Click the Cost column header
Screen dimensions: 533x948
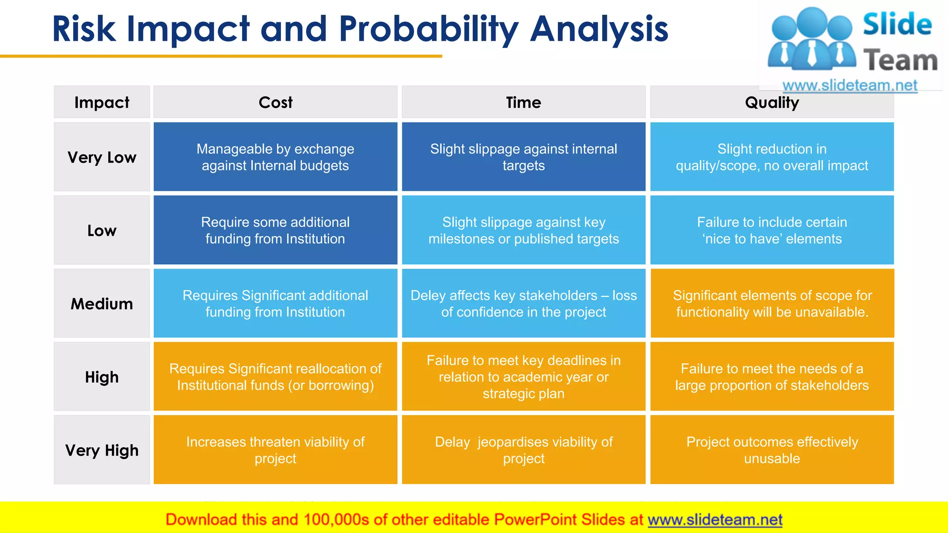pos(275,102)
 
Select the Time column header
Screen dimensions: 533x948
pos(524,102)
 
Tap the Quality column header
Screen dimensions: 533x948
pos(772,103)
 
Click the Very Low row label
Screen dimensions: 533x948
pos(102,157)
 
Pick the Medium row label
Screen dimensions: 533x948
pos(102,304)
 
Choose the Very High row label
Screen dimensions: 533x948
pos(102,450)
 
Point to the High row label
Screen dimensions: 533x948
pos(102,377)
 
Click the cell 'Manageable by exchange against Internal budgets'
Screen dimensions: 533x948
pos(275,157)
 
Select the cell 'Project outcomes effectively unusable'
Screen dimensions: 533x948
pos(772,450)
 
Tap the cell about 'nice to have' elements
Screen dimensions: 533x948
pos(772,230)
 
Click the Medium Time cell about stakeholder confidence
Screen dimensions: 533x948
pos(524,304)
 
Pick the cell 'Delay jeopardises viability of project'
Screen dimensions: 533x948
pos(524,450)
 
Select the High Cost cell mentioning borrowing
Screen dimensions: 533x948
pos(275,377)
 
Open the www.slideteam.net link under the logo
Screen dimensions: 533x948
pos(849,86)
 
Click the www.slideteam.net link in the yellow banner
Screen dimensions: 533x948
pos(715,520)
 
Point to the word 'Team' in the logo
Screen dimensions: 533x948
pos(900,61)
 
